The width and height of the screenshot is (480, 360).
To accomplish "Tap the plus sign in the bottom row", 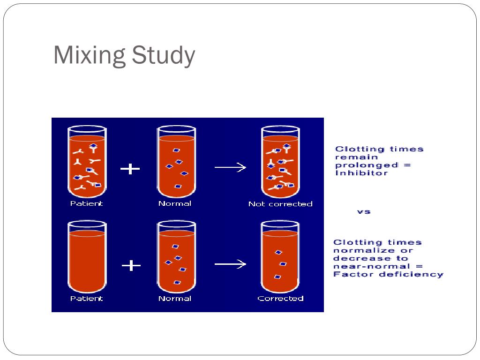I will tap(131, 266).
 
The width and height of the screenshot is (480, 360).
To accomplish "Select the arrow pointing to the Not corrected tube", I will tap(230, 168).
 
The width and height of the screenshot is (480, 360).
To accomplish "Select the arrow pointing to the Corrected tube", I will tap(230, 265).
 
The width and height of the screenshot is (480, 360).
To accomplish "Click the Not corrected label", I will tap(280, 204).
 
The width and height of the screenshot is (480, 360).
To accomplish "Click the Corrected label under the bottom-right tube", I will tap(280, 298).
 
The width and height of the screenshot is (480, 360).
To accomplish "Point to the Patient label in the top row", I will tap(86, 203).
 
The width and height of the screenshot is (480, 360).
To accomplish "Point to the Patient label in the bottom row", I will tap(86, 298).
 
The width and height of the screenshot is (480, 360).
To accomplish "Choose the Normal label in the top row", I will tap(175, 203).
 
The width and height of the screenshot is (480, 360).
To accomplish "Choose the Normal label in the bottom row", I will tap(175, 298).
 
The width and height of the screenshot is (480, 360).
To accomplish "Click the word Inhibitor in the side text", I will tap(355, 173).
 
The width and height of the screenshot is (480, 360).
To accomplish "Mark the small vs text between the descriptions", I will tap(364, 211).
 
